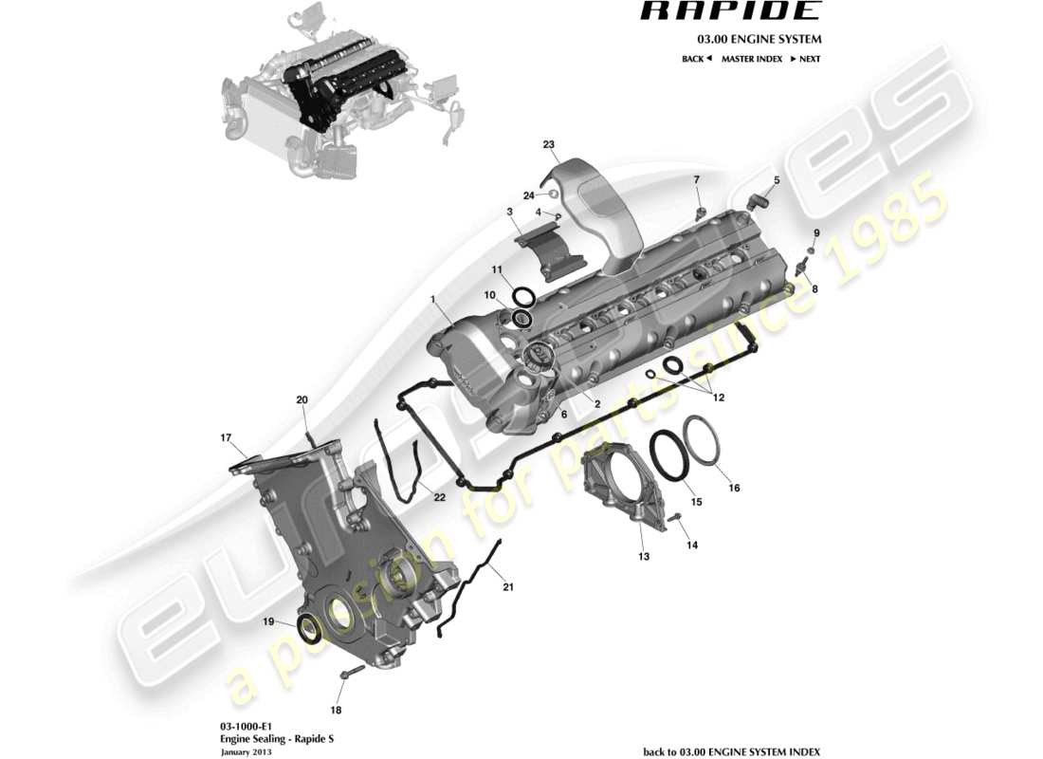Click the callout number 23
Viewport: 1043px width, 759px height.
coord(548,144)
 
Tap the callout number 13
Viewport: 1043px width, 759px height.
coord(644,556)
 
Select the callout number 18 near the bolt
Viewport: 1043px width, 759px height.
coord(336,709)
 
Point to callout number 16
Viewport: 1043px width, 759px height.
coord(734,488)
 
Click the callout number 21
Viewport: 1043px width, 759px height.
coord(507,587)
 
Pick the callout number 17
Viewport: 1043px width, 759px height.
coord(226,438)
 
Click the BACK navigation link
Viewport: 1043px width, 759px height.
coord(696,59)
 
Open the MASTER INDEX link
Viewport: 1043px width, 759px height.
coord(751,59)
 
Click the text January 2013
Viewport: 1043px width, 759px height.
coord(243,751)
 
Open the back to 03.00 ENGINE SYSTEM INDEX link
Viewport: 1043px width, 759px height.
coord(731,750)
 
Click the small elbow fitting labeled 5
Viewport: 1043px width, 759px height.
coord(757,199)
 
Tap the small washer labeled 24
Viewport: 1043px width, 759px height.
coord(552,194)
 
